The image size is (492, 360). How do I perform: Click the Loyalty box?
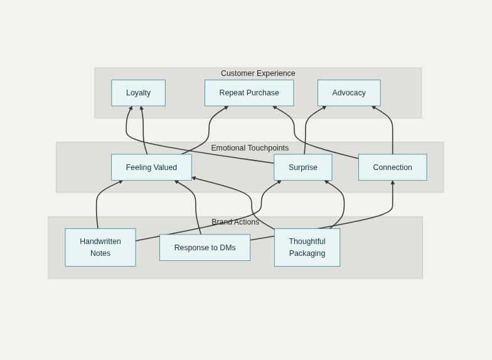tap(138, 93)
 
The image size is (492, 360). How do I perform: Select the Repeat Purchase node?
tap(249, 93)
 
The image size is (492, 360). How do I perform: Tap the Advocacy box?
tap(349, 93)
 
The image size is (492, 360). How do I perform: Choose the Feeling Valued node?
tap(151, 167)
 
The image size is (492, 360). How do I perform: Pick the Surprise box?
tap(302, 167)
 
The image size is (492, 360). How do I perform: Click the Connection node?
tap(392, 167)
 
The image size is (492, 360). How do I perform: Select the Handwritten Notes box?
tap(100, 247)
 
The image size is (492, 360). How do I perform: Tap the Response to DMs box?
tap(205, 248)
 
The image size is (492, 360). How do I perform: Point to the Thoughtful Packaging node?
tap(307, 247)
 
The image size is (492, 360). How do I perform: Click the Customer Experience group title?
tap(258, 73)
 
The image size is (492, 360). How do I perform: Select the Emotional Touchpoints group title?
tap(250, 148)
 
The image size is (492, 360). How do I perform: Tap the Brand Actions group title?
tap(235, 222)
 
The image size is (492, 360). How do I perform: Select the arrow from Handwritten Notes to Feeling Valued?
tap(97, 204)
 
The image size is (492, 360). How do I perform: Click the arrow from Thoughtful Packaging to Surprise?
tap(344, 204)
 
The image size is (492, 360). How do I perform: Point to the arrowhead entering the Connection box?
tap(393, 183)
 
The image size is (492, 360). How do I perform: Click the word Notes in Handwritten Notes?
tap(100, 253)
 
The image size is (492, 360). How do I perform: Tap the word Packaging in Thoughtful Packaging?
tap(307, 253)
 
